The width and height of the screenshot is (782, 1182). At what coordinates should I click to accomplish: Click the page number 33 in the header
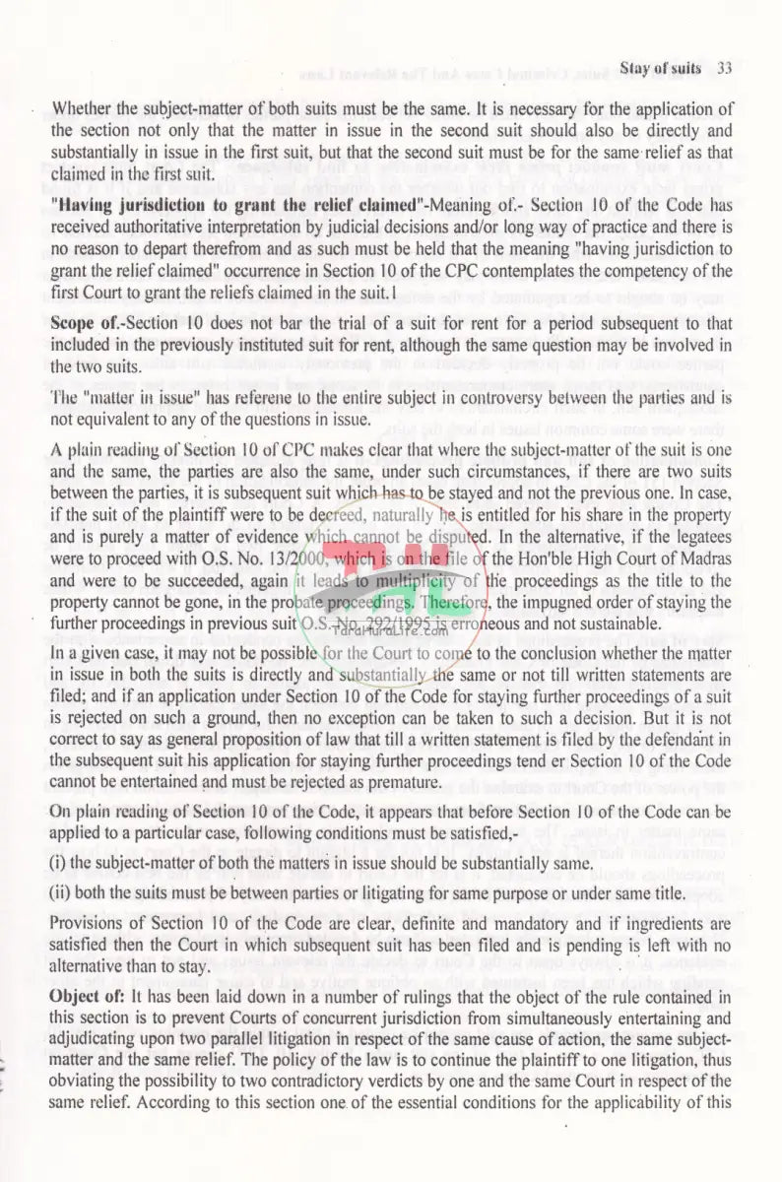coord(724,68)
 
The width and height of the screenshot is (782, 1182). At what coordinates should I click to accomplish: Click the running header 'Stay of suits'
coord(660,68)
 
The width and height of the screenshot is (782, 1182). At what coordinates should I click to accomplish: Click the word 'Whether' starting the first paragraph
coord(84,109)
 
